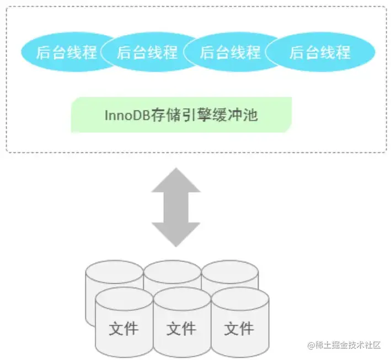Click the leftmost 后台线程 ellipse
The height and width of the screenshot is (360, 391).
click(x=63, y=52)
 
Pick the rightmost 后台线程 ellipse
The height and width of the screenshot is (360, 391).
click(x=320, y=52)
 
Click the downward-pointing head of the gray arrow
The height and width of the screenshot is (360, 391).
click(x=176, y=234)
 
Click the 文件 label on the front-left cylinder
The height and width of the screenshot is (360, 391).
click(x=124, y=329)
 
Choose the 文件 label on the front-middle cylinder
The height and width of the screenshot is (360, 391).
click(x=181, y=329)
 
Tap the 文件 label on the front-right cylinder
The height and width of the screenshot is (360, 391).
click(x=239, y=329)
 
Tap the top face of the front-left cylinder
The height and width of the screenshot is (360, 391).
click(x=124, y=299)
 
